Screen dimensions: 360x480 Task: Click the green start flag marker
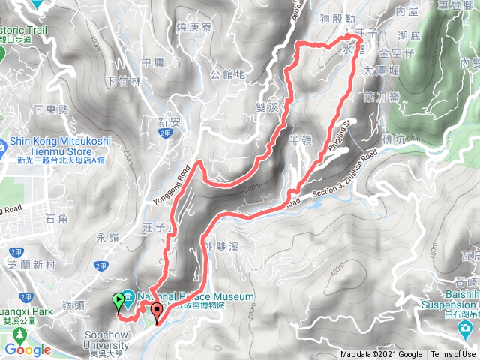pyautogui.click(x=118, y=301)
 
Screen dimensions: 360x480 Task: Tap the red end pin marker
pyautogui.click(x=157, y=311)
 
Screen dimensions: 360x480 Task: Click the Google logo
pyautogui.click(x=28, y=349)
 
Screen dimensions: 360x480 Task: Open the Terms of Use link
pyautogui.click(x=452, y=355)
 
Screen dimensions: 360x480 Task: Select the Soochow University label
pyautogui.click(x=100, y=336)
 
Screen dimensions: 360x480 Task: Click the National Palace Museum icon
pyautogui.click(x=128, y=297)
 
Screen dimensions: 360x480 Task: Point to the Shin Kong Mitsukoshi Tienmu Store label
pyautogui.click(x=60, y=145)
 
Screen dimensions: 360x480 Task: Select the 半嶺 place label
pyautogui.click(x=299, y=140)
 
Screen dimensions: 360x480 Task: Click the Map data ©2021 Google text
pyautogui.click(x=380, y=355)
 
